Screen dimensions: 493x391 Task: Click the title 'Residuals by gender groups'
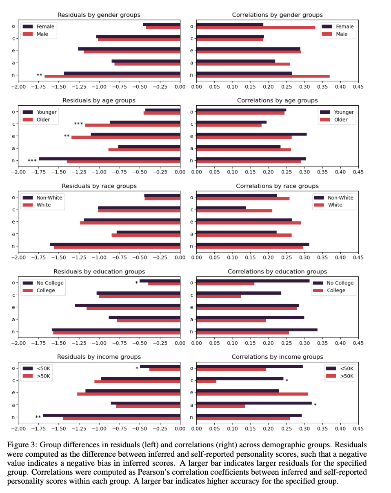99,15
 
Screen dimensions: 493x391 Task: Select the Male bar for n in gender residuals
112,76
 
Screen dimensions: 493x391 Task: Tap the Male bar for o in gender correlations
256,27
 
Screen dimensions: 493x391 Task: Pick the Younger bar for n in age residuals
109,159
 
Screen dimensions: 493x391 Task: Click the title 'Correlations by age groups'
277,100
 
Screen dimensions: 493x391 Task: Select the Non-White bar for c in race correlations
221,208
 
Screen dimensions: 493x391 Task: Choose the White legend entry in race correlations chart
335,205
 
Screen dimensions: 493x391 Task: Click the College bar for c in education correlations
219,296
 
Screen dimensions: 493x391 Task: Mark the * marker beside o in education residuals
137,283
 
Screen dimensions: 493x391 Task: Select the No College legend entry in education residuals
50,283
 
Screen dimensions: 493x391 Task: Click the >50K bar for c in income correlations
207,382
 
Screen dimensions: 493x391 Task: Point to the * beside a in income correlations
315,405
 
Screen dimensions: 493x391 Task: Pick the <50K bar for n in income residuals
112,415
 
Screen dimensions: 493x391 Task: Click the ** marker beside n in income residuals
38,417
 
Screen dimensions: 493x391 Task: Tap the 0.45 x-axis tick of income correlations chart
358,429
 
